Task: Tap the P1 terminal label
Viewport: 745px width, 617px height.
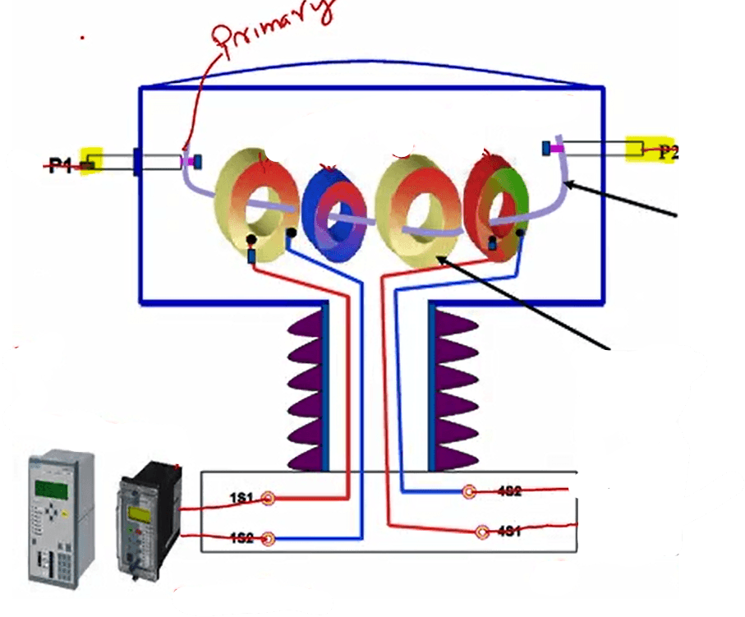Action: (60, 166)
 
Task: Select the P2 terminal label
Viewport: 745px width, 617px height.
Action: (669, 151)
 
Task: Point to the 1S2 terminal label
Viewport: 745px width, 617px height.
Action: (241, 538)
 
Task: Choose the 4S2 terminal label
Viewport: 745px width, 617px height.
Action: (508, 491)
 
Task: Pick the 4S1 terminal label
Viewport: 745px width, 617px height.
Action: (508, 532)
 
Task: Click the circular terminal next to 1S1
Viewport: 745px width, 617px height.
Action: (268, 498)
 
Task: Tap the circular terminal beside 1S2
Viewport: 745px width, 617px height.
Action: (268, 539)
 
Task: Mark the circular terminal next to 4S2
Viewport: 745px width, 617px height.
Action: (470, 492)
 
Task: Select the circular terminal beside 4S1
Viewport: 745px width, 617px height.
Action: (482, 532)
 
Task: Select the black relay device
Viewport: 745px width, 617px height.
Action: (148, 522)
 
